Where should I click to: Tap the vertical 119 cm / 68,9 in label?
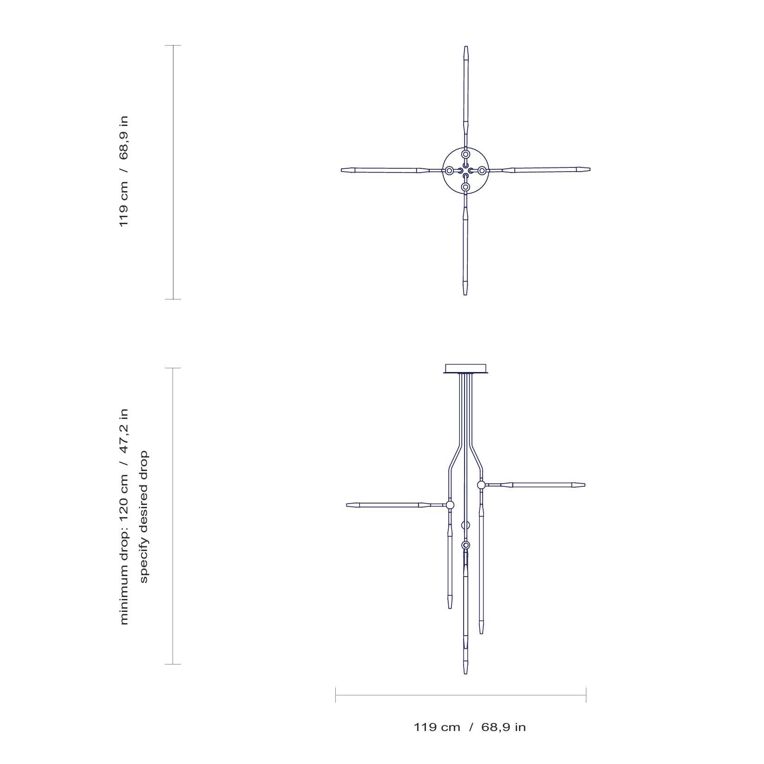coord(124,172)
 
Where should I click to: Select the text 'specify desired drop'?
coord(144,516)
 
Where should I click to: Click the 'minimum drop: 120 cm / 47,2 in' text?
coord(124,517)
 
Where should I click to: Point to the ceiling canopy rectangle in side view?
coord(465,368)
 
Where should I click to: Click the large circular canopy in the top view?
coord(465,149)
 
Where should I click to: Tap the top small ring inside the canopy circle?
coord(465,154)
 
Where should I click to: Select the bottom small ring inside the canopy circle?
coord(465,187)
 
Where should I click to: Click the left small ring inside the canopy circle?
coord(449,171)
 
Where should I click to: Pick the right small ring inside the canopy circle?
coord(482,171)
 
